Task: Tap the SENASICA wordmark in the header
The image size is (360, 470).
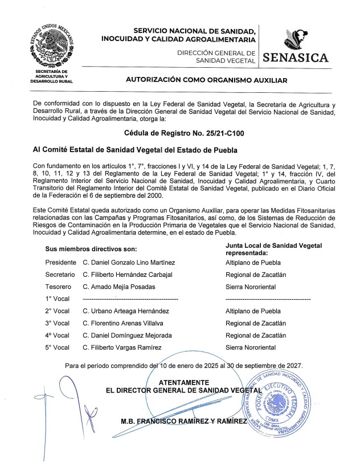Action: point(296,58)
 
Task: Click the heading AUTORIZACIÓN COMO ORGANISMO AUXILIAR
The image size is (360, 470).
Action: point(207,80)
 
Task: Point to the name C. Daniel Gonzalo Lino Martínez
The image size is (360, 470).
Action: point(129,263)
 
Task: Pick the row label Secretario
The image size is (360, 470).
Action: point(60,275)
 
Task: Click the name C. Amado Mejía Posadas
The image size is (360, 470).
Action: point(118,287)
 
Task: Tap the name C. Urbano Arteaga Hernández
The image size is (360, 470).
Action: point(126,312)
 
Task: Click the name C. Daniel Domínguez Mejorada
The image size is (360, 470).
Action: point(127,336)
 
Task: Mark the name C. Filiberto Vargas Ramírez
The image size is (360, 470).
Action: point(122,348)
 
